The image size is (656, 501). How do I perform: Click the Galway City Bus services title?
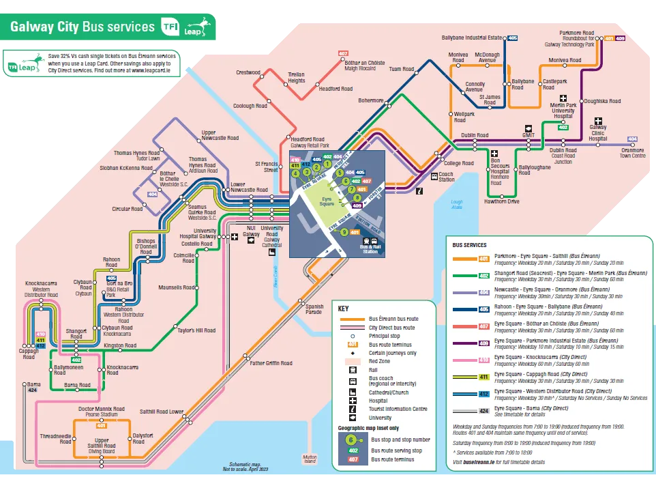click(83, 27)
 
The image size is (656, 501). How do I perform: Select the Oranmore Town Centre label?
click(631, 153)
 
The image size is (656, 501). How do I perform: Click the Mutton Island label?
click(310, 459)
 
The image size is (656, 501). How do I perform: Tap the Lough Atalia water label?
click(456, 205)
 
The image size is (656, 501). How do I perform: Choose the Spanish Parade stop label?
click(314, 309)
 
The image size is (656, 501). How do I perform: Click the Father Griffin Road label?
click(271, 363)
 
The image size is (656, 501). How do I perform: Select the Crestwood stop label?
click(248, 72)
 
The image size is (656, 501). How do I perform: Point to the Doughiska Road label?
click(602, 101)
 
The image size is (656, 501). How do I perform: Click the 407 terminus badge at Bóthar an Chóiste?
click(343, 53)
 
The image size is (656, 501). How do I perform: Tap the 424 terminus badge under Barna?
click(32, 390)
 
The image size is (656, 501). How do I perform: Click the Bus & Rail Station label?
click(370, 249)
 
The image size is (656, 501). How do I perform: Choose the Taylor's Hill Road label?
click(196, 330)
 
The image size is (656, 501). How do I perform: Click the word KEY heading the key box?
click(344, 308)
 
